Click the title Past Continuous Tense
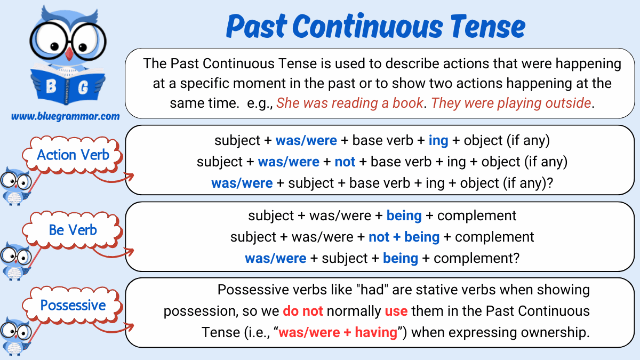375,26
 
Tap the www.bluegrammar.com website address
65,116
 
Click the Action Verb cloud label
73,155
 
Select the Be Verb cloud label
73,230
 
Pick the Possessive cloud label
73,306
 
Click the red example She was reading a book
349,103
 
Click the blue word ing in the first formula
438,141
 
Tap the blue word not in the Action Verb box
345,162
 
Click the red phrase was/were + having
338,333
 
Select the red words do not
302,311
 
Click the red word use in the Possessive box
396,311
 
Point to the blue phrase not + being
404,237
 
